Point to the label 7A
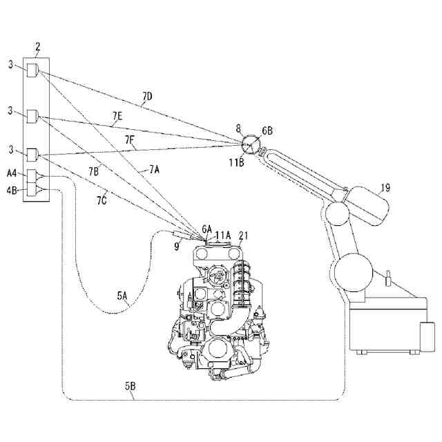pyautogui.click(x=153, y=168)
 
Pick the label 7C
pyautogui.click(x=102, y=200)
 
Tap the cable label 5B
pyautogui.click(x=130, y=387)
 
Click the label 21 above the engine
pyautogui.click(x=244, y=235)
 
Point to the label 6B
pyautogui.click(x=267, y=129)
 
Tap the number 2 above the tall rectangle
pyautogui.click(x=37, y=47)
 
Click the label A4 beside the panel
pyautogui.click(x=12, y=175)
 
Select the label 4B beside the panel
pyautogui.click(x=12, y=189)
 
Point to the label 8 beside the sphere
pyautogui.click(x=238, y=128)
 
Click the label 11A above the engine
pyautogui.click(x=222, y=236)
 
